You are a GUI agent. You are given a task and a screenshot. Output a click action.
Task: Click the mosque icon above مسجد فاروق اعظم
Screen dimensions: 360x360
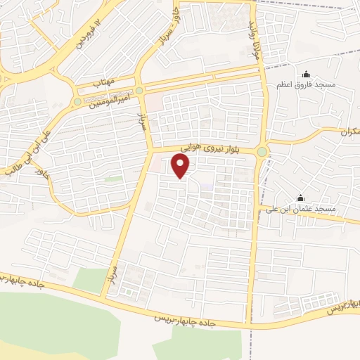(305, 75)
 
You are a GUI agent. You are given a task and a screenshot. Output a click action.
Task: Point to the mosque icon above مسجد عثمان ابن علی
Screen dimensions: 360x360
(301, 198)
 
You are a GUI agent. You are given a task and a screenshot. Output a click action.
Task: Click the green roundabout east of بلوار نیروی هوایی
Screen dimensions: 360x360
(262, 151)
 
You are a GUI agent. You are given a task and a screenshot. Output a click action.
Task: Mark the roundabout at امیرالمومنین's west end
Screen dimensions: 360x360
(77, 103)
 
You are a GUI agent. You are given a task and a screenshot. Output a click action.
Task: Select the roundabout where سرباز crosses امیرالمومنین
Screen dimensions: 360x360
(139, 91)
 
